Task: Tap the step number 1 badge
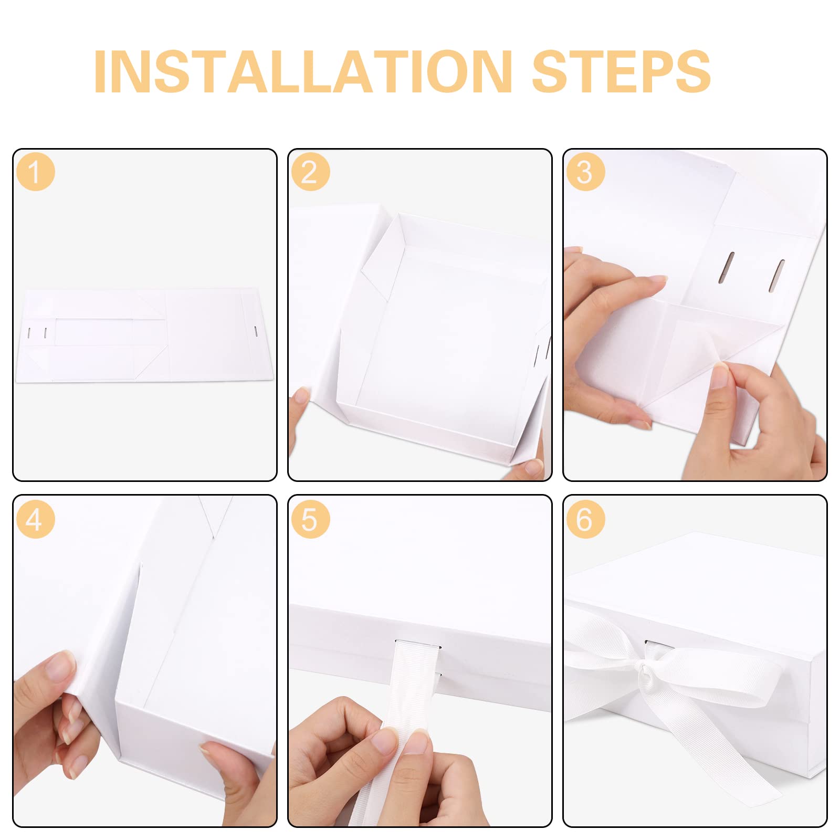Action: (36, 172)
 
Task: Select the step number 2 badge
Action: (310, 172)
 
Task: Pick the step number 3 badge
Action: (585, 172)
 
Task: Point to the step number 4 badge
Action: (36, 519)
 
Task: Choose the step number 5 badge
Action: (310, 519)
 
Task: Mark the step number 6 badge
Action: (585, 519)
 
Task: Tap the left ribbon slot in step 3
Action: (729, 266)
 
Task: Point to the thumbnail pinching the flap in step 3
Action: (719, 376)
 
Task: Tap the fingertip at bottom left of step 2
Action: (301, 396)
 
